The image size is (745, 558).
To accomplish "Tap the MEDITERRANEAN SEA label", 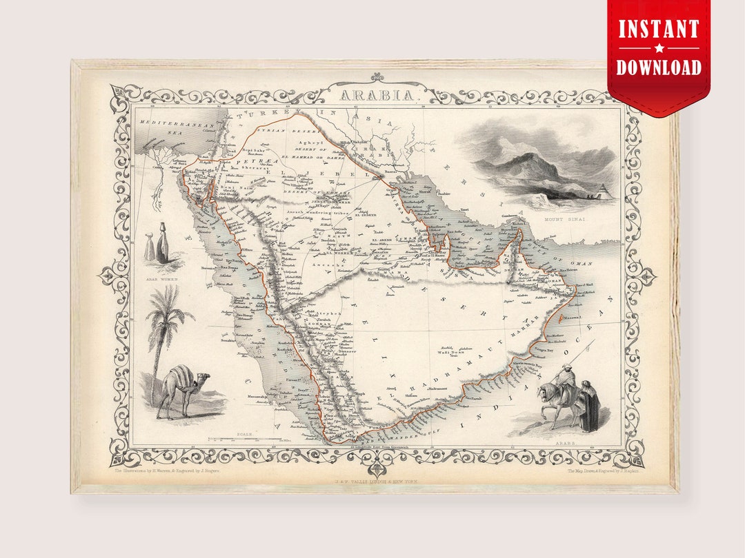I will (165, 127).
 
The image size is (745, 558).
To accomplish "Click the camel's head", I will (202, 378).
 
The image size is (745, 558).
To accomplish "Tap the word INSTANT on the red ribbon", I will (659, 30).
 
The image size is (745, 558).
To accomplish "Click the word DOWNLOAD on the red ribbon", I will (659, 67).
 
